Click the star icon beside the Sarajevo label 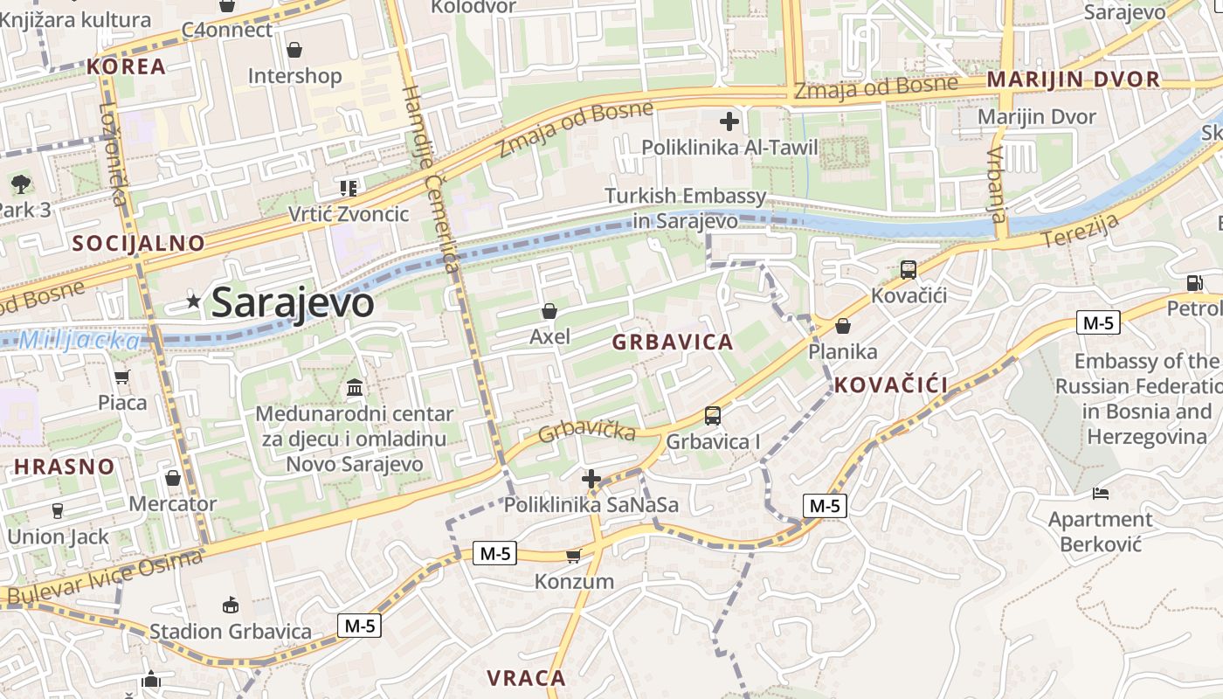click(x=193, y=302)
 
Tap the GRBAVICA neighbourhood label click(x=673, y=342)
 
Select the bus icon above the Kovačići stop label click(x=909, y=270)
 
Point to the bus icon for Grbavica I click(x=713, y=416)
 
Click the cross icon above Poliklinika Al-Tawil click(x=729, y=121)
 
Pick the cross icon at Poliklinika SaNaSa click(x=591, y=479)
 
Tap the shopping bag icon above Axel click(x=549, y=311)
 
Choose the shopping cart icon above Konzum click(x=573, y=556)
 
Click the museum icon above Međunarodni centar click(x=355, y=387)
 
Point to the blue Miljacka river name click(x=79, y=341)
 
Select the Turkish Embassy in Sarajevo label click(x=685, y=209)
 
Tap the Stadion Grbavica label click(x=231, y=631)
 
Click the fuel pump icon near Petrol click(x=1194, y=282)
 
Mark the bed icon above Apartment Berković click(x=1101, y=495)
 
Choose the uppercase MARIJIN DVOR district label click(x=1074, y=80)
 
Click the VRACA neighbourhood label click(x=526, y=677)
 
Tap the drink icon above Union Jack click(x=58, y=510)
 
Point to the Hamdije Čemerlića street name click(x=432, y=179)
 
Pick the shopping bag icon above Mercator click(x=173, y=478)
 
